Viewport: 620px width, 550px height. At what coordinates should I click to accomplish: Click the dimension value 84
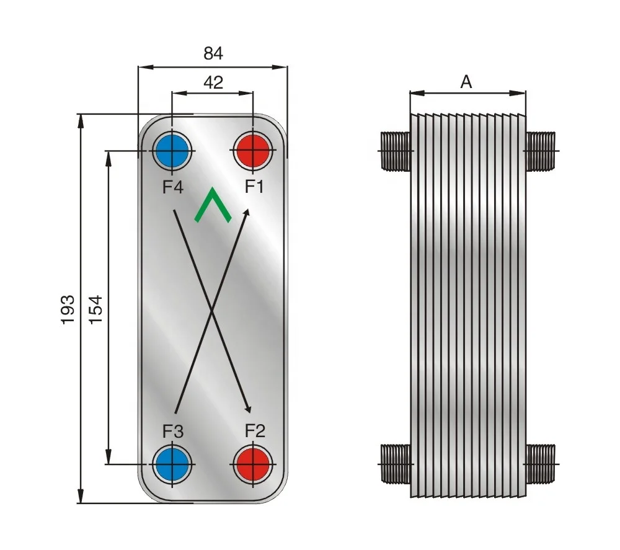click(x=213, y=54)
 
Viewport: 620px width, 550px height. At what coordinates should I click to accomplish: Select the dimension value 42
click(x=213, y=82)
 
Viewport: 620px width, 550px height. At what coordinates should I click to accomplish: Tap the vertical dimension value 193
click(x=68, y=308)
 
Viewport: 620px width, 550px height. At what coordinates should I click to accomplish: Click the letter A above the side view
click(x=466, y=82)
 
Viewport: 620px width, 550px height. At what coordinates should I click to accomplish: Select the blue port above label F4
click(x=172, y=151)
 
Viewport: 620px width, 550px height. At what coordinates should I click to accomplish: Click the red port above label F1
click(x=253, y=151)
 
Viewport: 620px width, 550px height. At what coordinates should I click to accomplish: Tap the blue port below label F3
click(x=172, y=463)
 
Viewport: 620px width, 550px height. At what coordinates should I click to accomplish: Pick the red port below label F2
click(x=253, y=463)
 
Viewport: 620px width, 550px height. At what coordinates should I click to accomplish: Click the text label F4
click(x=173, y=186)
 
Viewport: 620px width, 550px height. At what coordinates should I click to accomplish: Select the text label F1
click(x=254, y=186)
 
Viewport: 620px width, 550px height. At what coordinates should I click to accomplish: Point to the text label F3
click(x=173, y=430)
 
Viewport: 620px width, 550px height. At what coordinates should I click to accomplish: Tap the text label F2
click(x=255, y=430)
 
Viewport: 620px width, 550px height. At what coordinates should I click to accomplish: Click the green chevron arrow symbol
click(x=213, y=205)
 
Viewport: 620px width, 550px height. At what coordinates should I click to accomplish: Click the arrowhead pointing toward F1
click(x=247, y=213)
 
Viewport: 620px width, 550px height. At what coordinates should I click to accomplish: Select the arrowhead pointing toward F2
click(x=249, y=408)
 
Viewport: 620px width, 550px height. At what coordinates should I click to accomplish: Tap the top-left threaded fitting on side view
click(x=394, y=151)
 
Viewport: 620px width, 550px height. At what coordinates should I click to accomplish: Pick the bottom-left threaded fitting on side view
click(x=394, y=463)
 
